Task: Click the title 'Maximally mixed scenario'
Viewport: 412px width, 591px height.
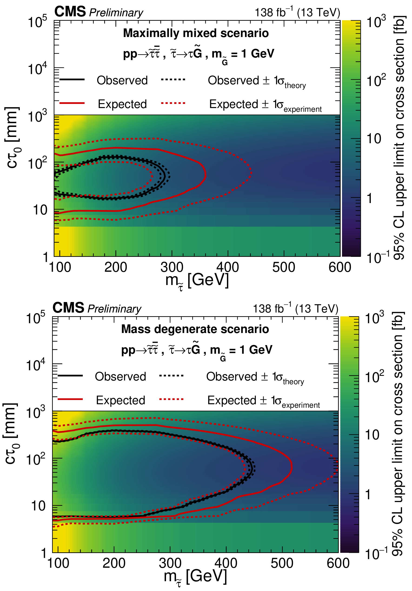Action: pyautogui.click(x=196, y=33)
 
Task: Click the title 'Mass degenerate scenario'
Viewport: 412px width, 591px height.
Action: pyautogui.click(x=195, y=329)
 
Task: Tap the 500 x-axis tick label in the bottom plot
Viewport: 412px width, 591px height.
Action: pyautogui.click(x=282, y=563)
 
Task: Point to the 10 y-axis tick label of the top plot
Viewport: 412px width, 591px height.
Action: pyautogui.click(x=40, y=210)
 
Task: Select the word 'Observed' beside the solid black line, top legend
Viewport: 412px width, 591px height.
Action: pyautogui.click(x=122, y=80)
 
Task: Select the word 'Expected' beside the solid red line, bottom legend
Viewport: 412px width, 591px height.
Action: pyautogui.click(x=120, y=400)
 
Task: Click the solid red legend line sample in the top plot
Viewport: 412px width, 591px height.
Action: pyautogui.click(x=72, y=103)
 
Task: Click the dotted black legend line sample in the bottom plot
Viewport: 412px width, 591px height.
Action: pyautogui.click(x=171, y=376)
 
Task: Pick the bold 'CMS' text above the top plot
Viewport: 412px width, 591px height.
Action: pyautogui.click(x=70, y=12)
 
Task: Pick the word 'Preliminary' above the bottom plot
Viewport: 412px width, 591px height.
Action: pyautogui.click(x=114, y=309)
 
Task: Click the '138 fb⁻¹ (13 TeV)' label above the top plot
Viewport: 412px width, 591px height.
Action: pyautogui.click(x=297, y=12)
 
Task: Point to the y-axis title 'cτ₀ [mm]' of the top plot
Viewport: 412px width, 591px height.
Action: pyautogui.click(x=12, y=138)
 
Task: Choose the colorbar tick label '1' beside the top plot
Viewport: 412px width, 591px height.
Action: pyautogui.click(x=369, y=198)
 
